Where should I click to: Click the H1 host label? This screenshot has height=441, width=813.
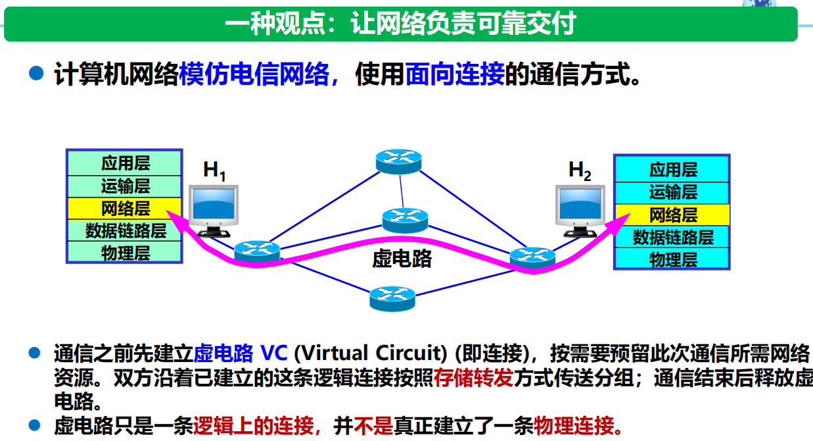[214, 170]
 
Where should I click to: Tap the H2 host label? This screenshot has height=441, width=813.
[580, 170]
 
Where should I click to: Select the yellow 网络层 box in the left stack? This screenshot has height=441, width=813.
[124, 209]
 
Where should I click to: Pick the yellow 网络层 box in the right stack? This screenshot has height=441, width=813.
[672, 215]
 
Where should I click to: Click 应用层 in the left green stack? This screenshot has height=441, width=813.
[126, 163]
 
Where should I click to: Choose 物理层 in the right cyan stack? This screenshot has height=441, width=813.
[673, 259]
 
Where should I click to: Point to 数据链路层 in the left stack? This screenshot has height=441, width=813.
[126, 231]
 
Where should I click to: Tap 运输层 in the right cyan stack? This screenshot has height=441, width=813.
[673, 192]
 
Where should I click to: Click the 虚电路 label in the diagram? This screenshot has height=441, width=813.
[402, 259]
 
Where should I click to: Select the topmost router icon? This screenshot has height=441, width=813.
[398, 161]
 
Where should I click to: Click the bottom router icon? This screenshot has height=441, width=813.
[392, 299]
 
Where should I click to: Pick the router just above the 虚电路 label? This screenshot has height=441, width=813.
[405, 220]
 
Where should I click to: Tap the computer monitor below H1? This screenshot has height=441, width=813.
[214, 211]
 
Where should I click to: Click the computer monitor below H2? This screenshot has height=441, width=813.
[580, 211]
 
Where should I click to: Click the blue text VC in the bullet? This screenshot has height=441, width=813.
[274, 353]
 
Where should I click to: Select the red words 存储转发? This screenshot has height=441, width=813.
[474, 378]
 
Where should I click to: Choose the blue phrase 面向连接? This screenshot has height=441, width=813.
[455, 74]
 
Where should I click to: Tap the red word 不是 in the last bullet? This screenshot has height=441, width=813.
[373, 426]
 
